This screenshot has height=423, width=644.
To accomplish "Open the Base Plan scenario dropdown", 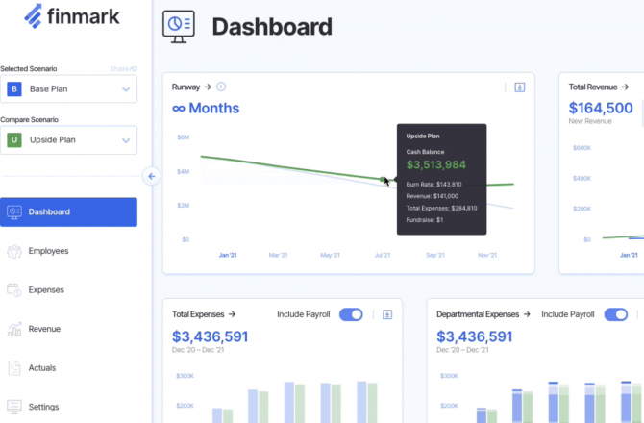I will tap(68, 89).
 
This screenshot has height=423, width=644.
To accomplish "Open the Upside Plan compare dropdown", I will tap(68, 140).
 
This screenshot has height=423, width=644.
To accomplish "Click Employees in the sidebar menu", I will tap(48, 251).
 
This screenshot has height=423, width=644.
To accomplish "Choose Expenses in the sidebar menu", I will tap(46, 289).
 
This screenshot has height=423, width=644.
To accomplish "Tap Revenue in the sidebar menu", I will tap(44, 329).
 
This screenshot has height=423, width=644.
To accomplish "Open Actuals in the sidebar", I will tap(42, 367).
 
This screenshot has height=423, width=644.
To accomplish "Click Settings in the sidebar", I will tap(43, 407).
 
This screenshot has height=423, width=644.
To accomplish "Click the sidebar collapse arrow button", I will tap(151, 176).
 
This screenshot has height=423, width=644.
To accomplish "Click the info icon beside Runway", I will tap(221, 87).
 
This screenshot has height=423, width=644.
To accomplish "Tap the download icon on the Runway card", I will tap(520, 87).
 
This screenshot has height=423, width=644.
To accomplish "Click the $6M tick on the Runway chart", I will tap(183, 137).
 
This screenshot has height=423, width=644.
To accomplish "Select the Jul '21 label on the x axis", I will tap(383, 256).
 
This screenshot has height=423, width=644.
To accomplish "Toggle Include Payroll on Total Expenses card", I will tap(351, 314).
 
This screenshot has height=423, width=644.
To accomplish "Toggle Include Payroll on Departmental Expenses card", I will tap(615, 314).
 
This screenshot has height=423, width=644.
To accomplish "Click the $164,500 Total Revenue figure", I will tap(601, 109).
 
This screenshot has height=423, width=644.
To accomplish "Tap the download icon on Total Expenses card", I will tap(387, 314).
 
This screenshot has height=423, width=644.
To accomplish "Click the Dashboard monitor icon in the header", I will tap(178, 26).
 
